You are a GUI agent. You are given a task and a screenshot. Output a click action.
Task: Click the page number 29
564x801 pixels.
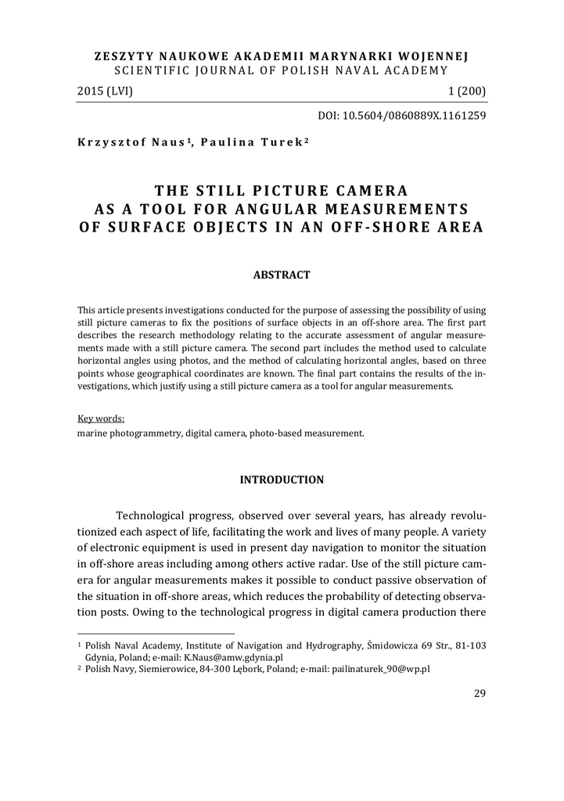coord(480,692)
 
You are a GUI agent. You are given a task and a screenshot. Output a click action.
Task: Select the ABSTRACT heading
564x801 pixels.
coord(282,275)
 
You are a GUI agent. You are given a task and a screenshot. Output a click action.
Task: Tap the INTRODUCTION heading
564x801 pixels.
coord(282,480)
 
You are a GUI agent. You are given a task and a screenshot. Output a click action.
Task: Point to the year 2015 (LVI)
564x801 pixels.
coord(106,92)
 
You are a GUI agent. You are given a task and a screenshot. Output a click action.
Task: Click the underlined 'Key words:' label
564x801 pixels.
coord(101,418)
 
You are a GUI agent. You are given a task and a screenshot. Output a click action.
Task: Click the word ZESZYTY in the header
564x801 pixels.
coord(121,56)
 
